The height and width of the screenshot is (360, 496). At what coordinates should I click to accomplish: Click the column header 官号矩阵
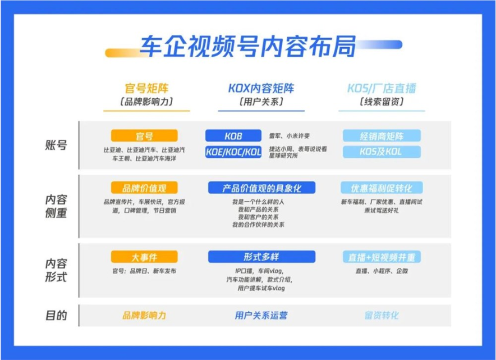(x=146, y=89)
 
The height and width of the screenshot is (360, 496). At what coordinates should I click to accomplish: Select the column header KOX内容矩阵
(x=260, y=89)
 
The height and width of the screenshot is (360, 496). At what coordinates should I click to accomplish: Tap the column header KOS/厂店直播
(x=382, y=89)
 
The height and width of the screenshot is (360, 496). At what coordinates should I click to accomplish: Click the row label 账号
(x=56, y=145)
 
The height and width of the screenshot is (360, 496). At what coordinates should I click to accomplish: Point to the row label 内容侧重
(x=56, y=206)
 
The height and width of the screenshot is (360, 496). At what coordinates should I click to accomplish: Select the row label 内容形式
(x=56, y=270)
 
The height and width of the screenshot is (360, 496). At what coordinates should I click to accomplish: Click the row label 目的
(x=56, y=315)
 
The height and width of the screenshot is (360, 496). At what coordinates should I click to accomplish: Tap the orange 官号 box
(x=144, y=136)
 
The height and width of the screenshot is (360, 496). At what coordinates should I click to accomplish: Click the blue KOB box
(x=233, y=136)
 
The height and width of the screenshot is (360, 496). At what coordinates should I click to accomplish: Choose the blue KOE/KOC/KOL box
(x=233, y=152)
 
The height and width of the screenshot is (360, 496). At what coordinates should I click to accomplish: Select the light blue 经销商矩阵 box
(x=382, y=136)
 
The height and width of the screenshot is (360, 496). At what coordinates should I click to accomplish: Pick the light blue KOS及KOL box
(x=382, y=152)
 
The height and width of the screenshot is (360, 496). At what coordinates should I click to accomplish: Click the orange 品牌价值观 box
(x=144, y=188)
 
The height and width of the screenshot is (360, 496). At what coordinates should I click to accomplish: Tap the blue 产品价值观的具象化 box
(x=261, y=188)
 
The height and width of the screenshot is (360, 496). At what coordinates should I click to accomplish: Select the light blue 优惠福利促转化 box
(x=382, y=188)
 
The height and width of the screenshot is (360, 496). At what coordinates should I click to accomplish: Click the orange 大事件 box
(x=144, y=257)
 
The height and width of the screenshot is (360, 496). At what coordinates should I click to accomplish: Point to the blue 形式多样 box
(x=261, y=257)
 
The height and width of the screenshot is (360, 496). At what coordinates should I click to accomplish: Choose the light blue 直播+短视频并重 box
(x=382, y=257)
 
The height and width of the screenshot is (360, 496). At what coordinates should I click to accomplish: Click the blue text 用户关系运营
(x=261, y=316)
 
